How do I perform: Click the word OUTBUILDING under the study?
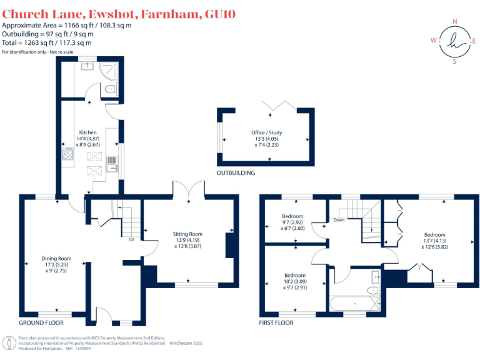(x=236, y=172)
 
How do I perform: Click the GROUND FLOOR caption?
(x=41, y=323)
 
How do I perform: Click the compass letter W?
(x=432, y=41)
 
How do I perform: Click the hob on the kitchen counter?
(x=67, y=155)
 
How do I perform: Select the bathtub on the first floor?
(x=354, y=304)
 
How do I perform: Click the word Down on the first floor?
(x=339, y=220)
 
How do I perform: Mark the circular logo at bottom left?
(x=9, y=342)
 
